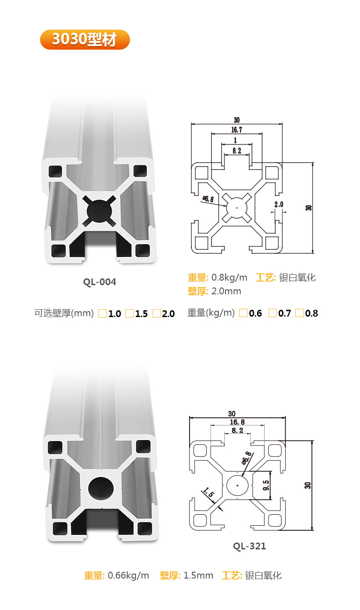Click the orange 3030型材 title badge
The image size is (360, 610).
point(85,40)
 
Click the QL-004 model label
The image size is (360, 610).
point(99,282)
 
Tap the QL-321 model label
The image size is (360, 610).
point(249,546)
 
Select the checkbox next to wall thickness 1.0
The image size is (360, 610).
point(103,313)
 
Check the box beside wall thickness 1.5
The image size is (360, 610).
point(129,313)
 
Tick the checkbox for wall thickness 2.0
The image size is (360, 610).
point(157,313)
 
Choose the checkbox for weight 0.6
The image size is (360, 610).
point(243,313)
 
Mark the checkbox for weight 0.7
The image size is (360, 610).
point(272,313)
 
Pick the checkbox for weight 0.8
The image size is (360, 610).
point(299,313)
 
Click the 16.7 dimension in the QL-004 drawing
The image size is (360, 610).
point(237,130)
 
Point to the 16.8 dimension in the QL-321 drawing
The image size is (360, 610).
point(237,422)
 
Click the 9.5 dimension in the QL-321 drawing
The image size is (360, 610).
point(267,485)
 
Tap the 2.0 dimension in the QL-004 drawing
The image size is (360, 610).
point(279,205)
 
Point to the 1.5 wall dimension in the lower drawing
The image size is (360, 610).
point(209,493)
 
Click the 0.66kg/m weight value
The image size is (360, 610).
point(129,575)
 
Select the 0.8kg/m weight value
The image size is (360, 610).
point(230,277)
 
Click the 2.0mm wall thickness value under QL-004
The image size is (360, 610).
point(226,291)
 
